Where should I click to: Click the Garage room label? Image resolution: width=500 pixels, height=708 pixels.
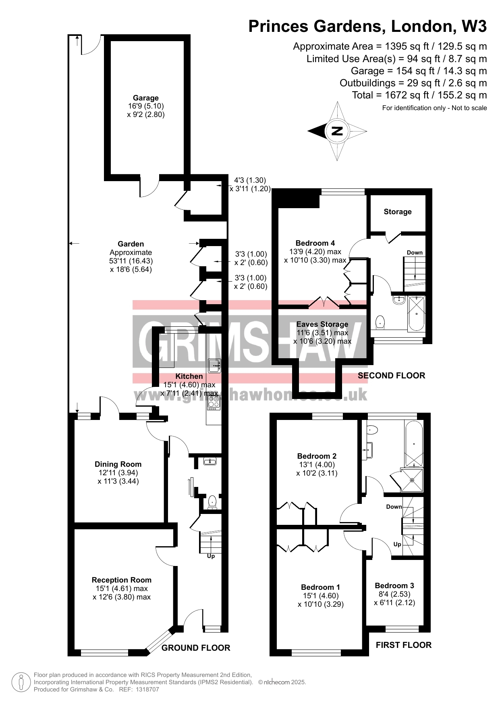click(146, 98)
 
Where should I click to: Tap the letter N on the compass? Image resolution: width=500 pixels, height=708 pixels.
click(337, 131)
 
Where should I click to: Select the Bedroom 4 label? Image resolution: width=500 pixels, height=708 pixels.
click(315, 243)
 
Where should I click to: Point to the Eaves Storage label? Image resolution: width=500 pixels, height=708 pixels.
click(322, 324)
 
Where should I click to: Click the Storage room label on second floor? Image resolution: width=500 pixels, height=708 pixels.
click(398, 212)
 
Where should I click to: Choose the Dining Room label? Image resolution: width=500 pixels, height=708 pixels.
click(118, 464)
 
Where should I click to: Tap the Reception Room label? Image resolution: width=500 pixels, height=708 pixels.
click(122, 580)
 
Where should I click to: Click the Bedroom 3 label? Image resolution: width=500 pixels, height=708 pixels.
click(394, 586)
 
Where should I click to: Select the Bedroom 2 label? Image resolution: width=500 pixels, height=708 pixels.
click(317, 456)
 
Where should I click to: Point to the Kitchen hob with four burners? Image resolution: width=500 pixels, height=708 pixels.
click(214, 402)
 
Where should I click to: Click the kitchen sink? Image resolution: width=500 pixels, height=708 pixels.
click(214, 366)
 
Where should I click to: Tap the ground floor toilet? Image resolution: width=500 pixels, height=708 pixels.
click(212, 503)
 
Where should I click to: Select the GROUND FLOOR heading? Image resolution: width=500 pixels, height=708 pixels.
click(196, 648)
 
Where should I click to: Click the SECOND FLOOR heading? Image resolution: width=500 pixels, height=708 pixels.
click(392, 376)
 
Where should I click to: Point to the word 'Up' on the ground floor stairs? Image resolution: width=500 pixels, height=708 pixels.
click(211, 556)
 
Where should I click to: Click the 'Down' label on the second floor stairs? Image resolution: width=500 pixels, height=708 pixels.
click(415, 253)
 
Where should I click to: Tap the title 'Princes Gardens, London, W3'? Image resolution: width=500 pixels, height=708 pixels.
click(367, 26)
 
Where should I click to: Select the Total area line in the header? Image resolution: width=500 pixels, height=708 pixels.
click(419, 95)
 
